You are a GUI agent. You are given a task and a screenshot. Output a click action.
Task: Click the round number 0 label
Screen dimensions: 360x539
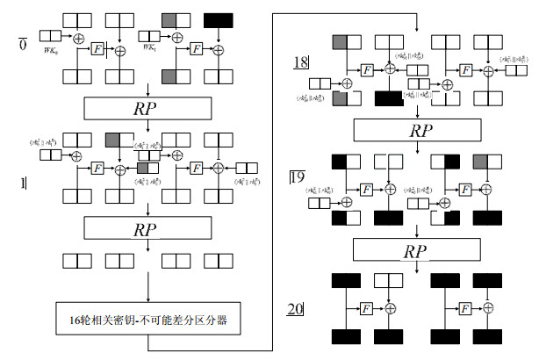pyautogui.click(x=23, y=43)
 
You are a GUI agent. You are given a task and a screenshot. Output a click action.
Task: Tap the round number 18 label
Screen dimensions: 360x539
pyautogui.click(x=301, y=62)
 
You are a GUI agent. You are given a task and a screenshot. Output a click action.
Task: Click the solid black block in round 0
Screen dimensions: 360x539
pyautogui.click(x=218, y=19)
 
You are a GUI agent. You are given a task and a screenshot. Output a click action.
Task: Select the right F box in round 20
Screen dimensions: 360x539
pyautogui.click(x=462, y=309)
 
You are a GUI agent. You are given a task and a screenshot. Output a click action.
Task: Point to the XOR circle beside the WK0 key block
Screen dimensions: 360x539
pyautogui.click(x=80, y=38)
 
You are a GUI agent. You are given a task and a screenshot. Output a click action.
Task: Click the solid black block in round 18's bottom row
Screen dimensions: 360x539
pyautogui.click(x=387, y=98)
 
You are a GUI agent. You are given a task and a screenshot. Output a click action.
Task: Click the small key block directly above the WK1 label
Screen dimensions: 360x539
pyautogui.click(x=150, y=36)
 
